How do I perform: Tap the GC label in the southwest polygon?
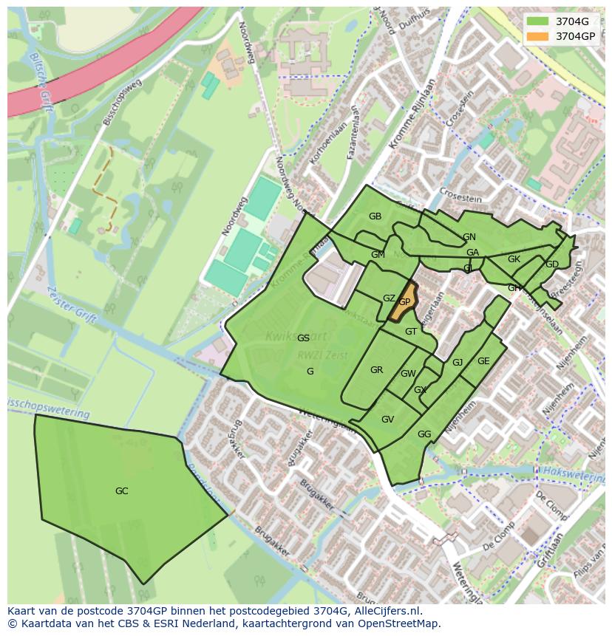tap(122, 491)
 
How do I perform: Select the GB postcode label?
tap(375, 216)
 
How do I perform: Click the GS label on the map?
tap(303, 338)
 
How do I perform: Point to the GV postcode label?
tap(387, 420)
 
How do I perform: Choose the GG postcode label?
tap(424, 434)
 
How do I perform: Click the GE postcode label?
tap(483, 361)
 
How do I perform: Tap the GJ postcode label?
tap(458, 363)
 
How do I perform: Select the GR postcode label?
tap(376, 370)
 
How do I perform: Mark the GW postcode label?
tap(408, 374)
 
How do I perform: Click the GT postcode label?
tap(411, 332)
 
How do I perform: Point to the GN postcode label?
tap(469, 237)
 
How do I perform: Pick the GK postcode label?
tap(514, 259)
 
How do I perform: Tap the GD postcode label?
tap(552, 264)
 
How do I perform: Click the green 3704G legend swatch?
tap(537, 21)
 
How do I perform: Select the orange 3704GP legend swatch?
tap(537, 35)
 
